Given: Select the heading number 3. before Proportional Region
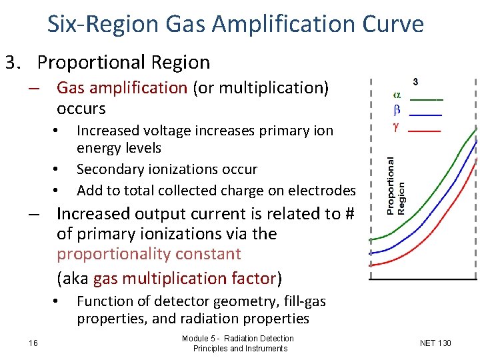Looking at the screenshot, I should [16, 63].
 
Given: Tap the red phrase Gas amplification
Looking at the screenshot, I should [122, 88].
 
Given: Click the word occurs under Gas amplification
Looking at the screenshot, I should [81, 108].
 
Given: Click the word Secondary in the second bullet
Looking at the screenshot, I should [110, 169].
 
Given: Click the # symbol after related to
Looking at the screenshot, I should [347, 214].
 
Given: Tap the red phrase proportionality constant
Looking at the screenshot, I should [149, 254].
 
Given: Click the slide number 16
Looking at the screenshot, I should [33, 343].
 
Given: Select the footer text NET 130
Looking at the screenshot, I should [435, 343].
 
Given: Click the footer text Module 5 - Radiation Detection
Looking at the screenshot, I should [237, 339].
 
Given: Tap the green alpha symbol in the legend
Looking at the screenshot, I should [397, 95].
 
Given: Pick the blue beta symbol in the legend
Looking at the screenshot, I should [397, 110].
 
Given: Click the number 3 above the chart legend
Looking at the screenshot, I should [415, 81].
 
